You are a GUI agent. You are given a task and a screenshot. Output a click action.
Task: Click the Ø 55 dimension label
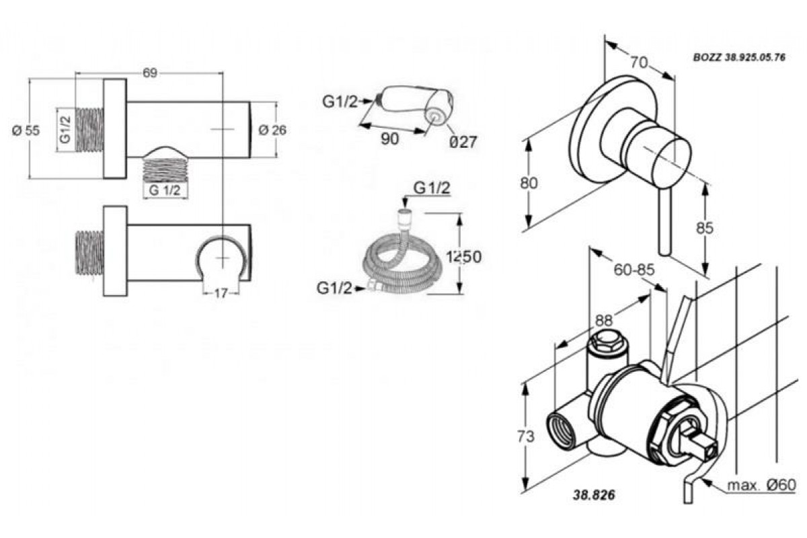click(26, 130)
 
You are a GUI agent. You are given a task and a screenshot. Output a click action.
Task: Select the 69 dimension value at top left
click(150, 73)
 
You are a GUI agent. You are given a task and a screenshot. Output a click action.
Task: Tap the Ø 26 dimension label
click(272, 130)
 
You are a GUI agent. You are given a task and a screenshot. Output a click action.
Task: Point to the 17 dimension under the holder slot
click(221, 293)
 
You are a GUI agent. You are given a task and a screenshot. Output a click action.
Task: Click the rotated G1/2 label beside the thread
click(66, 130)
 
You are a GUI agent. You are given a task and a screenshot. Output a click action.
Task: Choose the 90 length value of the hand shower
click(390, 139)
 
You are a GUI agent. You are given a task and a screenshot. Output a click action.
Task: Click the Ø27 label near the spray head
click(463, 142)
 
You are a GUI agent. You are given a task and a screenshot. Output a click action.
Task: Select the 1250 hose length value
click(463, 257)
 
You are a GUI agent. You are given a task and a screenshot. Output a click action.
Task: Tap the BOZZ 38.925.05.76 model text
click(739, 58)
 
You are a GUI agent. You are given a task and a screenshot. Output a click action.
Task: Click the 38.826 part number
click(594, 495)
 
